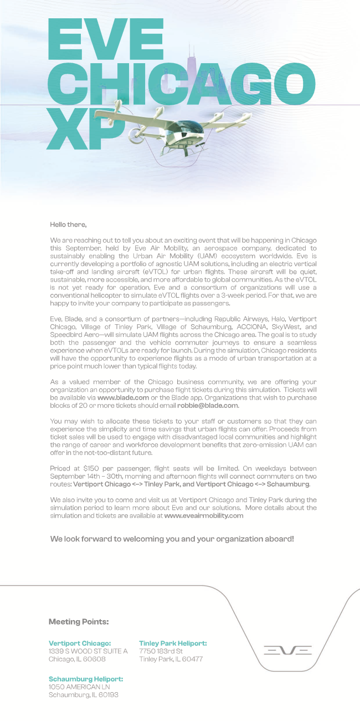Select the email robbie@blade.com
point(208,405)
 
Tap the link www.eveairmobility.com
point(204,515)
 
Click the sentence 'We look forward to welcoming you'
point(172,539)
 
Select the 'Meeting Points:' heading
point(79,621)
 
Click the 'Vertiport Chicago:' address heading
point(80,643)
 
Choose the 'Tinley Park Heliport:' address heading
point(173,643)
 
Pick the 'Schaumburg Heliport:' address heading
point(86,679)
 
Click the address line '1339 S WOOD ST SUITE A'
point(88,651)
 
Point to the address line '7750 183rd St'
point(161,651)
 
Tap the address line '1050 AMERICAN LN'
point(79,687)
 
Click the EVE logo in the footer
point(287,650)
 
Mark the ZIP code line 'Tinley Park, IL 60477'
point(171,659)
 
